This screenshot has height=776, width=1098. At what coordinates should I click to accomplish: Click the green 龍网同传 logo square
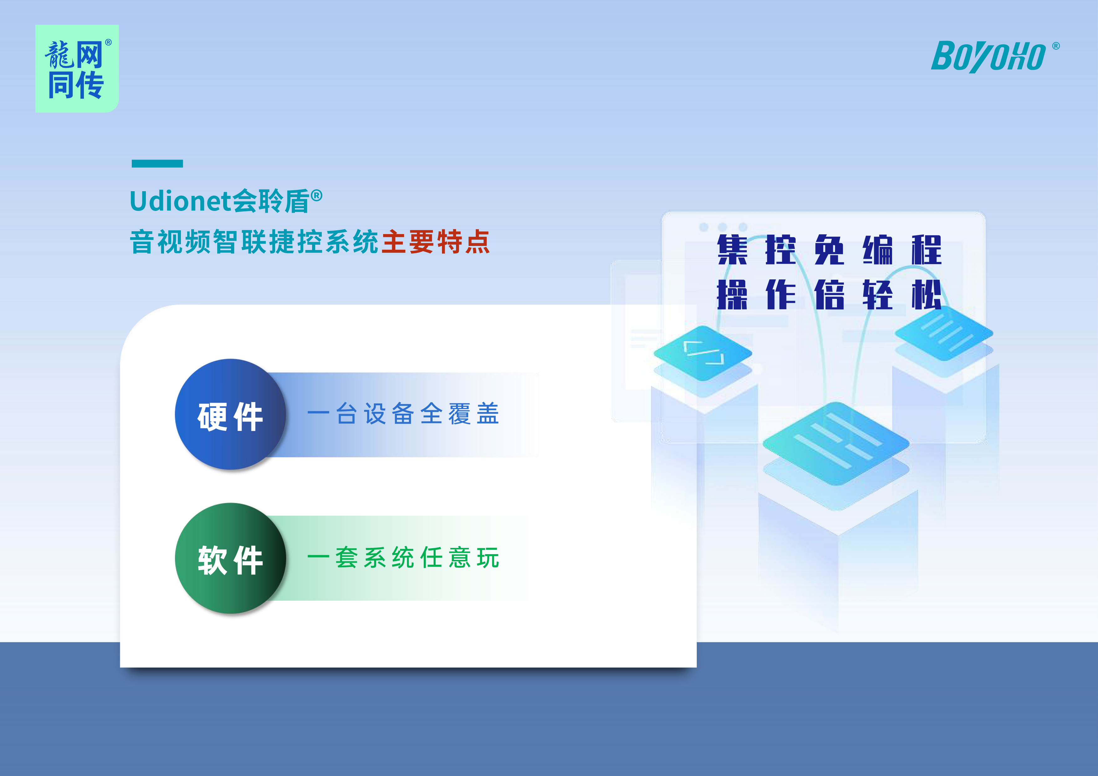77,69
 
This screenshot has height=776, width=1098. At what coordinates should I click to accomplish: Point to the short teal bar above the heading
157,164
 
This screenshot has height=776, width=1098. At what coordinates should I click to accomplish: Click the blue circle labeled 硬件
230,414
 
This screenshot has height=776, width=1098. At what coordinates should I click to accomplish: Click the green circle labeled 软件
230,558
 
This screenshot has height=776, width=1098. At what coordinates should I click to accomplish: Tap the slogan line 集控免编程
829,250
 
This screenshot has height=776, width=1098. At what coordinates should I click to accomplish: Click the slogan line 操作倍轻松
829,294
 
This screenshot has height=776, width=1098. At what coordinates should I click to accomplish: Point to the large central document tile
836,443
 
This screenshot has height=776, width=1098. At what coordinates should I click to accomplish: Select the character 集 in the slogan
732,250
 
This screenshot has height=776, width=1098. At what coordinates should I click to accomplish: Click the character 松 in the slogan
926,294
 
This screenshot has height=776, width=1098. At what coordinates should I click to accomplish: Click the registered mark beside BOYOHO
1056,46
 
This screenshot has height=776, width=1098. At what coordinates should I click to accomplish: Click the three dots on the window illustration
723,227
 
